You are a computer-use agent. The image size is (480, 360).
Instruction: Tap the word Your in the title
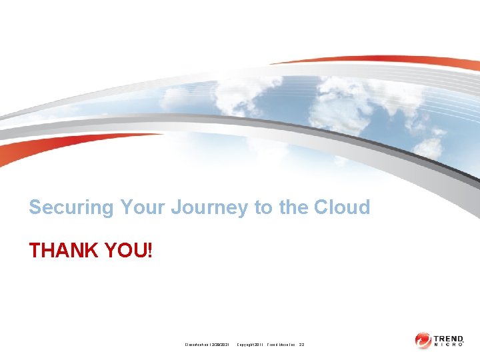(x=143, y=207)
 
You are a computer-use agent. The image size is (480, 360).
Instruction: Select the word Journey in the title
(x=210, y=207)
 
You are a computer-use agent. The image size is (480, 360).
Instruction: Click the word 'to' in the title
(x=264, y=207)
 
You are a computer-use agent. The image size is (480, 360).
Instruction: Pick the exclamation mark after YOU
(x=150, y=251)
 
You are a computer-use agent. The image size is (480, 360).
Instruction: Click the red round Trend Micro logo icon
(x=423, y=340)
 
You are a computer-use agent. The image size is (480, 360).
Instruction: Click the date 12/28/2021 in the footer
(x=218, y=344)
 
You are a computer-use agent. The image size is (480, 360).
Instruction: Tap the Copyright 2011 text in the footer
(x=251, y=344)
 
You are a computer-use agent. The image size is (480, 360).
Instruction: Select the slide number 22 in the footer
(x=302, y=344)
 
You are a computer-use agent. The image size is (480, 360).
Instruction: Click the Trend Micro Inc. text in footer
(x=281, y=344)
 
